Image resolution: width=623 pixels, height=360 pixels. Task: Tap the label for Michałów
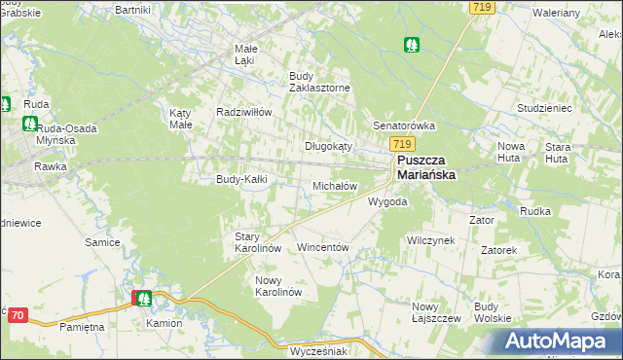point(335,185)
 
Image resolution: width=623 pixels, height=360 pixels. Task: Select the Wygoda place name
point(386,202)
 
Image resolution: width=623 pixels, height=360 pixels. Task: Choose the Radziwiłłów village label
point(243,112)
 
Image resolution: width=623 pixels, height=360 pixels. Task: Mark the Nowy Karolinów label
point(278,286)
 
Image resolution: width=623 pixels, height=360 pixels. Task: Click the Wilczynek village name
point(431,239)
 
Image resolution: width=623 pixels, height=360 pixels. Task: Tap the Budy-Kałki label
point(240,179)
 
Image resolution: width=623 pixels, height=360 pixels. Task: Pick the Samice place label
point(102,241)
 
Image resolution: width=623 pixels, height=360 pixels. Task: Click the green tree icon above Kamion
point(143,299)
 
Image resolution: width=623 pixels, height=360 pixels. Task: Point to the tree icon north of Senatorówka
point(413,44)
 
